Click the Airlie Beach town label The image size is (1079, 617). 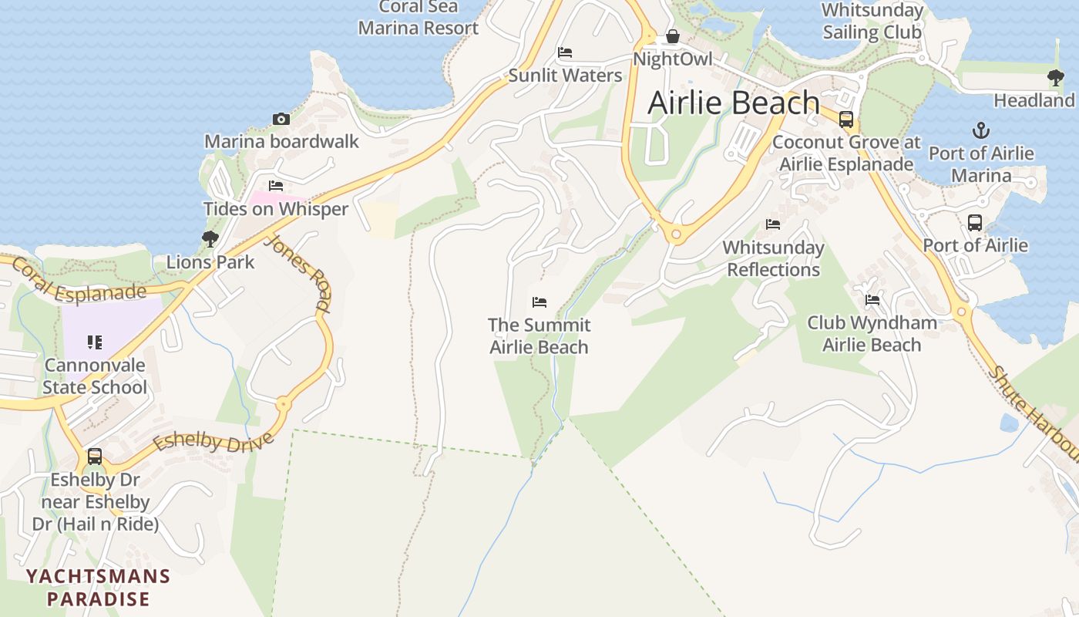point(733,103)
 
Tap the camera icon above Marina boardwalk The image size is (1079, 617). point(281,119)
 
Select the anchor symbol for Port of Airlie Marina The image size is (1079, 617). point(981,130)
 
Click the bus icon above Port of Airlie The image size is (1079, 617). point(975,223)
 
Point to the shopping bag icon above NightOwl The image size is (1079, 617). point(672,36)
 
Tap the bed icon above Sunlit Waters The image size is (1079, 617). point(565,52)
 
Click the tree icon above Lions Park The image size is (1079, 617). point(210,239)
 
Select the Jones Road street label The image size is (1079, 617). point(297,274)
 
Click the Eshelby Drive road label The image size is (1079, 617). point(213,443)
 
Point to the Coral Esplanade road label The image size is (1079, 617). point(79,282)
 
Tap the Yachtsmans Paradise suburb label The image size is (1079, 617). point(98,587)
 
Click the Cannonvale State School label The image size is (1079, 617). point(94,376)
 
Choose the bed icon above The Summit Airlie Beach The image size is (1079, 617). point(539,302)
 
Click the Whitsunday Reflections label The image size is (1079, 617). point(773,258)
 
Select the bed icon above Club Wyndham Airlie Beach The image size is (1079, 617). point(872,299)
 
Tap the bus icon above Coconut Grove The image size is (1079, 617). point(846,119)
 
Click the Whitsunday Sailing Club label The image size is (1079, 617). point(872,21)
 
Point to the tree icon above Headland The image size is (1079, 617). point(1055,77)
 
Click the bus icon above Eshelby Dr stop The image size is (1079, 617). point(95,456)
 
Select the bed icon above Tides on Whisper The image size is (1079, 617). point(276,186)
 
